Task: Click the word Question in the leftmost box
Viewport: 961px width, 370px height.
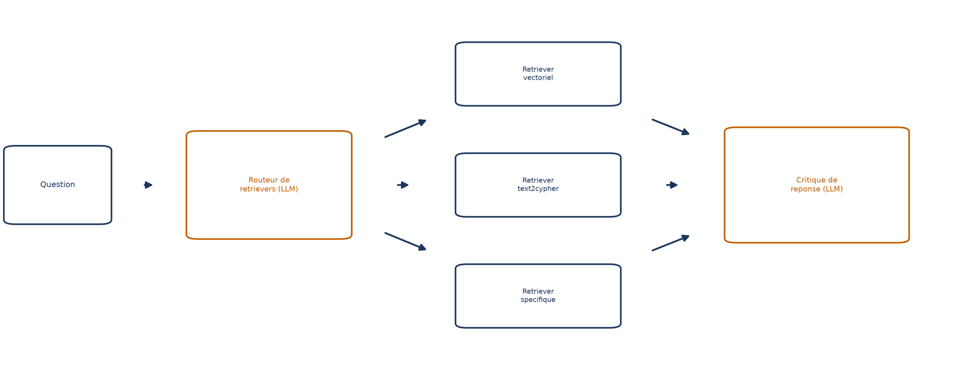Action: click(57, 184)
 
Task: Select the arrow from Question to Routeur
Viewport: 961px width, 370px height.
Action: click(148, 185)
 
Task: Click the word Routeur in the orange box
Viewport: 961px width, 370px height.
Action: click(264, 180)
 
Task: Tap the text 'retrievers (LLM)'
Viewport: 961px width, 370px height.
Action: click(269, 189)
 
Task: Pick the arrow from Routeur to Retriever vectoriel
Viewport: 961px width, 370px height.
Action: click(405, 128)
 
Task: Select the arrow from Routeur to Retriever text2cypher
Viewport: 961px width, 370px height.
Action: click(403, 185)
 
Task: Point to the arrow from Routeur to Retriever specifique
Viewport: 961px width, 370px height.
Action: click(405, 241)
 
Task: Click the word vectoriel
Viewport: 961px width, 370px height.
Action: click(538, 78)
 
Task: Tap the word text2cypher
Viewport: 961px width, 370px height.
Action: click(538, 189)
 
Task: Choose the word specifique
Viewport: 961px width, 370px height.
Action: click(538, 299)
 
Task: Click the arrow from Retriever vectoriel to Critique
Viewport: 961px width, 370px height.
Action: click(670, 127)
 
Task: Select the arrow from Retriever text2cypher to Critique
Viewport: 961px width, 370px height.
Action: click(672, 185)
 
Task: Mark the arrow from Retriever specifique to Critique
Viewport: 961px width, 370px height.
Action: click(670, 243)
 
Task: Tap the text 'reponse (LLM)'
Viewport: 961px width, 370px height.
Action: click(816, 189)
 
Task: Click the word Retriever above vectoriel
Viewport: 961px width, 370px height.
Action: click(538, 69)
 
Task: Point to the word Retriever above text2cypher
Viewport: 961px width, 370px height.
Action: click(538, 180)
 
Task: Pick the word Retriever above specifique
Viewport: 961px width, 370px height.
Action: click(538, 291)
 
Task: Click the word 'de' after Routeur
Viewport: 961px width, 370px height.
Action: click(285, 180)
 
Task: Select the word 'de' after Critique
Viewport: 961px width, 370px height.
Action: click(833, 180)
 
